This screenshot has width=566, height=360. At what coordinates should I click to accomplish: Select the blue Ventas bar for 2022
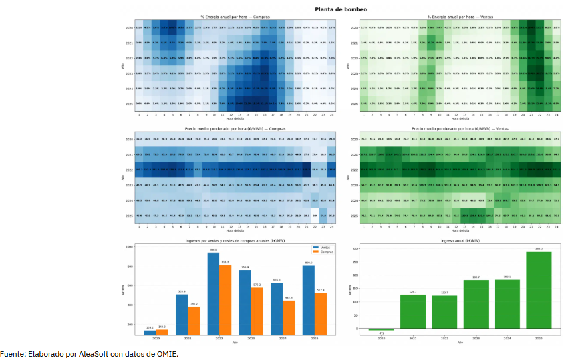point(213,293)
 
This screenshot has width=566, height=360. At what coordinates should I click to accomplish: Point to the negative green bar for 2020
point(381,330)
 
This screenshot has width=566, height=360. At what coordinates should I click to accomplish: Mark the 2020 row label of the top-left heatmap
point(129,27)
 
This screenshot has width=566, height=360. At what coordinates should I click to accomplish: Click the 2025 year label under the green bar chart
point(538,338)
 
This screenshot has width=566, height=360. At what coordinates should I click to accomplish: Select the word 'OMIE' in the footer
point(166,353)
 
